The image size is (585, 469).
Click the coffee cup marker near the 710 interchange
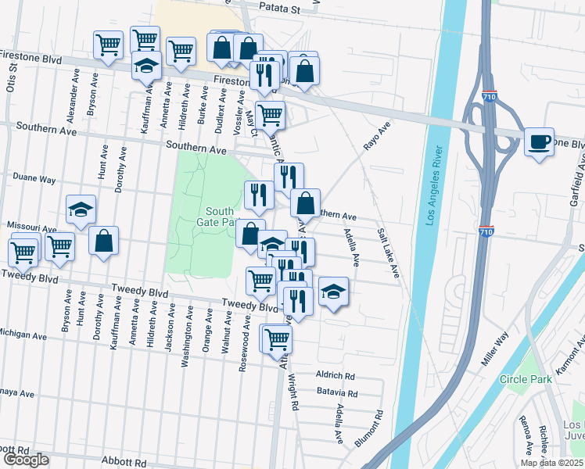538,142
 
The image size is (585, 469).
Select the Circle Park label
526,379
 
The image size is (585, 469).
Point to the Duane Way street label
35,179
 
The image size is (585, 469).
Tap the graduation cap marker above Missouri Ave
81,209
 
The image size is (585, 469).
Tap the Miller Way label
494,348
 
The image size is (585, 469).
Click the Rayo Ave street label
376,137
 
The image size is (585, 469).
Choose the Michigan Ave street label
23,335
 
